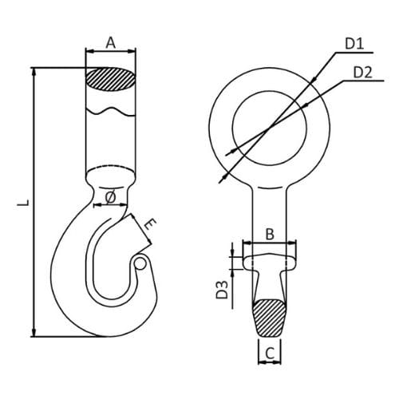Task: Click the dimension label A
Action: [x=111, y=43]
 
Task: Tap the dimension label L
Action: [x=23, y=203]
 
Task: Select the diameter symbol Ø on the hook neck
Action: [x=110, y=197]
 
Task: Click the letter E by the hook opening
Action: [x=150, y=224]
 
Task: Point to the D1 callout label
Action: [x=354, y=44]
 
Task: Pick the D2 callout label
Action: [x=362, y=73]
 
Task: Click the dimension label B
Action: [x=270, y=235]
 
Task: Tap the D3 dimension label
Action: [x=222, y=290]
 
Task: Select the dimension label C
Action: [x=270, y=354]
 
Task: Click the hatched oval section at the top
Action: [x=110, y=79]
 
